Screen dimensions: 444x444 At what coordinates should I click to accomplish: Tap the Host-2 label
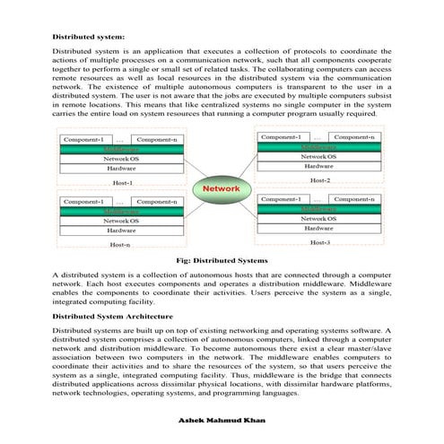pyautogui.click(x=320, y=180)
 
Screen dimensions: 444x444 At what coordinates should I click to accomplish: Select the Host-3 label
pyautogui.click(x=320, y=242)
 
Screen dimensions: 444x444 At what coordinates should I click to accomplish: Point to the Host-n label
pyautogui.click(x=120, y=244)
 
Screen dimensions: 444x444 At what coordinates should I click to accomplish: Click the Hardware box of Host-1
pyautogui.click(x=121, y=168)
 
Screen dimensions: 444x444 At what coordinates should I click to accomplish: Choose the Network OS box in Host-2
pyautogui.click(x=318, y=156)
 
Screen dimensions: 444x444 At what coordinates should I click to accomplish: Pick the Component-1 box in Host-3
pyautogui.click(x=279, y=197)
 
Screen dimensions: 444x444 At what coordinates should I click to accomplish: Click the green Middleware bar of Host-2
pyautogui.click(x=318, y=146)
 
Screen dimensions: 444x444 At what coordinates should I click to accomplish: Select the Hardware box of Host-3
pyautogui.click(x=318, y=228)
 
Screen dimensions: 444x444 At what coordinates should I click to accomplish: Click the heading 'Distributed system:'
pyautogui.click(x=88, y=38)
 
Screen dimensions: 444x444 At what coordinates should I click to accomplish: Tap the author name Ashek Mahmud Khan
pyautogui.click(x=222, y=419)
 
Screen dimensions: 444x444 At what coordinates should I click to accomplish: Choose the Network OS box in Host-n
pyautogui.click(x=121, y=220)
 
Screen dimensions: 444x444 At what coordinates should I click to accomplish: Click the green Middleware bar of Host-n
pyautogui.click(x=121, y=211)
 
